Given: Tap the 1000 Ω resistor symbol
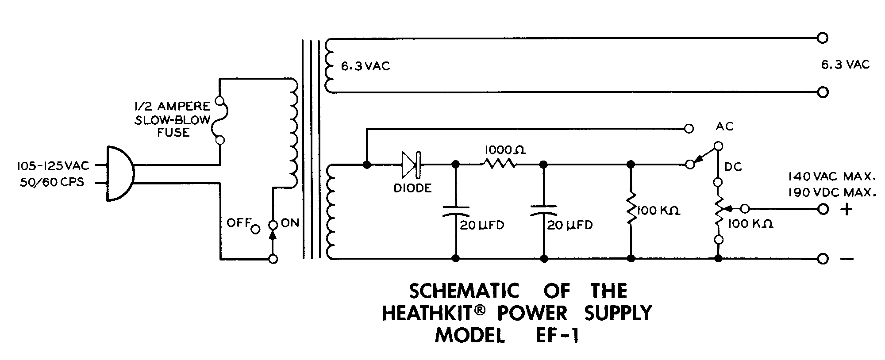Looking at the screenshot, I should (x=500, y=164).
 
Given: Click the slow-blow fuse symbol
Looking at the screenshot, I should (x=219, y=121).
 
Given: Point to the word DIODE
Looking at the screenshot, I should (x=412, y=188).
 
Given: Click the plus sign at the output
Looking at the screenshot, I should (x=846, y=209).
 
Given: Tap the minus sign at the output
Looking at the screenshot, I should (x=847, y=259).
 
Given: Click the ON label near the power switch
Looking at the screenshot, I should (x=290, y=223).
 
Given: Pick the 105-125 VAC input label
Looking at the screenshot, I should (x=53, y=166).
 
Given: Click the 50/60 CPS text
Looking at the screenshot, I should (x=52, y=182).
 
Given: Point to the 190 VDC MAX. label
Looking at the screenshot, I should (x=832, y=193).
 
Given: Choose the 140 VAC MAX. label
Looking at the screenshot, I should (x=832, y=177).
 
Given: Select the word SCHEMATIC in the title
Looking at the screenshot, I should (x=463, y=291).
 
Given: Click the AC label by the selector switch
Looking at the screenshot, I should (x=724, y=127).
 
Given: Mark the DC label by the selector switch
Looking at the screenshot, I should (x=733, y=167).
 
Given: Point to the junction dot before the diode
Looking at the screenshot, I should (x=366, y=165).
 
